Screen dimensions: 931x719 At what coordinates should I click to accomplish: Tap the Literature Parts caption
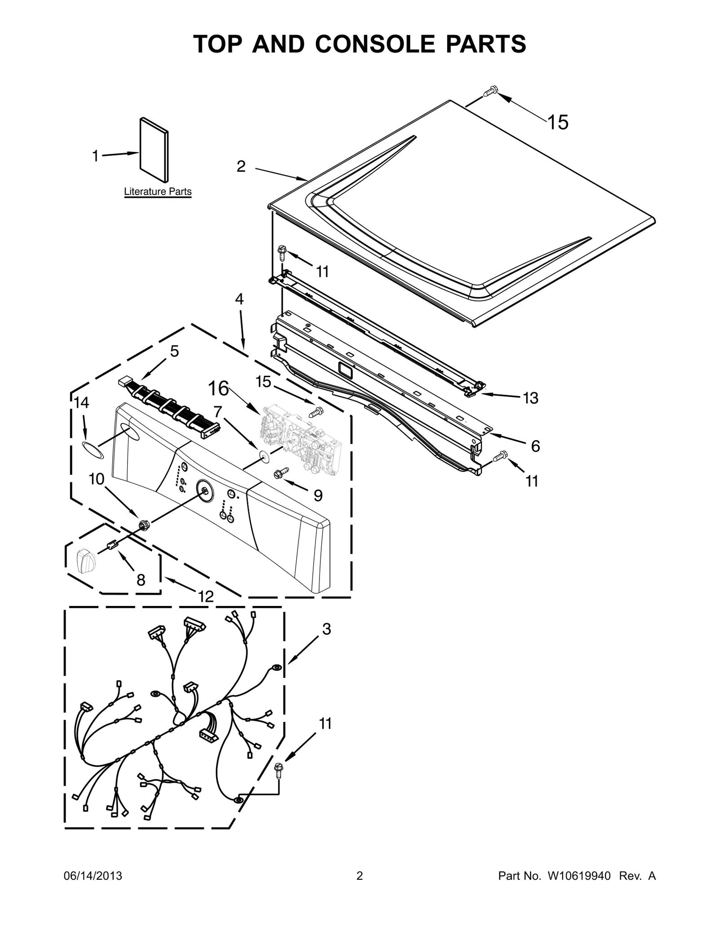(157, 192)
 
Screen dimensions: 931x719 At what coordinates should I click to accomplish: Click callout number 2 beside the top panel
(241, 166)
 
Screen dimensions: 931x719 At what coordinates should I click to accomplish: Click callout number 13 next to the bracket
(531, 398)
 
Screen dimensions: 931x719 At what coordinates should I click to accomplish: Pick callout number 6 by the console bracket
(535, 446)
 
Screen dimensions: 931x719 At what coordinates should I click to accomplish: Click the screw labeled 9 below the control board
(281, 473)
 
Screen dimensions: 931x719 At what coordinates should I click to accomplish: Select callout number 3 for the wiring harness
(326, 629)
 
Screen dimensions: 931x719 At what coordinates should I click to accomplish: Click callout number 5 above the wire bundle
(174, 351)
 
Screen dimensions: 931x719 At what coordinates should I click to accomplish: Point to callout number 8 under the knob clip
(141, 580)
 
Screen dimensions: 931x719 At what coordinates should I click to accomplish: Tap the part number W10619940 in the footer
(579, 888)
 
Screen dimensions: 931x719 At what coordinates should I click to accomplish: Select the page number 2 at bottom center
(359, 888)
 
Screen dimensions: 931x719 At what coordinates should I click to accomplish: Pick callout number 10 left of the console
(97, 479)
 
